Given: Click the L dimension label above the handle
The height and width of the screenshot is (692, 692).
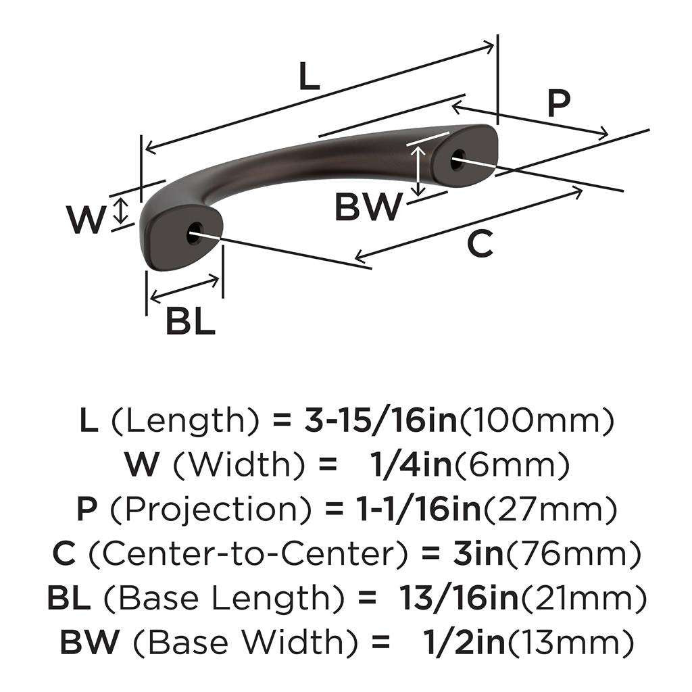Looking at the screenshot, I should tap(308, 78).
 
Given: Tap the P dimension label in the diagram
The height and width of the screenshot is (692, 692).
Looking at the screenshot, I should tap(558, 103).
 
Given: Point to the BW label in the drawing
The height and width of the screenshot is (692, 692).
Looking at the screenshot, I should tap(368, 208).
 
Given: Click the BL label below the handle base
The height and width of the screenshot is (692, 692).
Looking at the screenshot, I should tap(191, 322).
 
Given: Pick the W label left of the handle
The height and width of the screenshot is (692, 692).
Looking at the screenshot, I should tap(86, 219).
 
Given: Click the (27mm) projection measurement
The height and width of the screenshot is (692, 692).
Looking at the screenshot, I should tap(549, 510).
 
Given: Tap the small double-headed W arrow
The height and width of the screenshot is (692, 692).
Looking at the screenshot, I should tap(120, 210).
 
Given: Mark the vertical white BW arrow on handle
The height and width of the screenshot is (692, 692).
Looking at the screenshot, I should tap(420, 169).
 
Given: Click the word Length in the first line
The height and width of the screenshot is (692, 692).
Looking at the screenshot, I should tap(184, 422).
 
